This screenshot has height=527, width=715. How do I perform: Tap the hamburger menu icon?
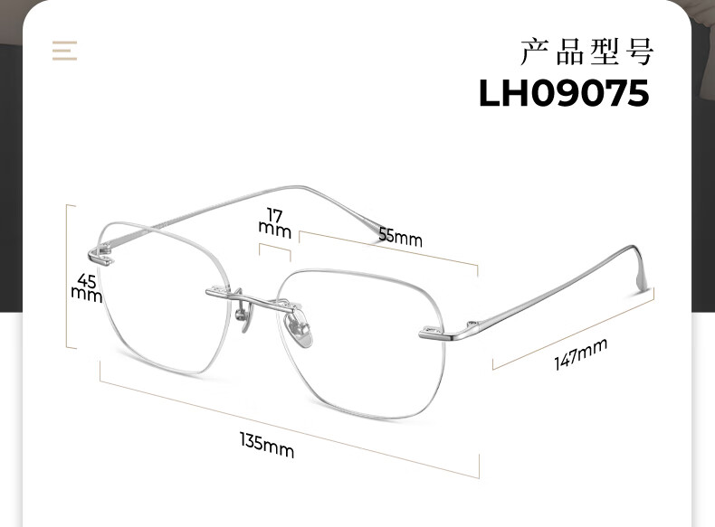click(x=64, y=50)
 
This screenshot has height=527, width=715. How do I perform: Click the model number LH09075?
click(x=563, y=93)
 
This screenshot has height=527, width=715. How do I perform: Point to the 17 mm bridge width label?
click(x=274, y=221)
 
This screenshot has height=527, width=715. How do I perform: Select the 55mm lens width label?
click(x=400, y=237)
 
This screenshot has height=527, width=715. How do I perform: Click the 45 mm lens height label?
click(x=87, y=287)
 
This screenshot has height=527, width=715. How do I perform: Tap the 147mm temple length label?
click(x=580, y=353)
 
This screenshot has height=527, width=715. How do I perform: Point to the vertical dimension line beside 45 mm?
click(x=67, y=276)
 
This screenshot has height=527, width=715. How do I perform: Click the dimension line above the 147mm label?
click(x=572, y=329)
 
